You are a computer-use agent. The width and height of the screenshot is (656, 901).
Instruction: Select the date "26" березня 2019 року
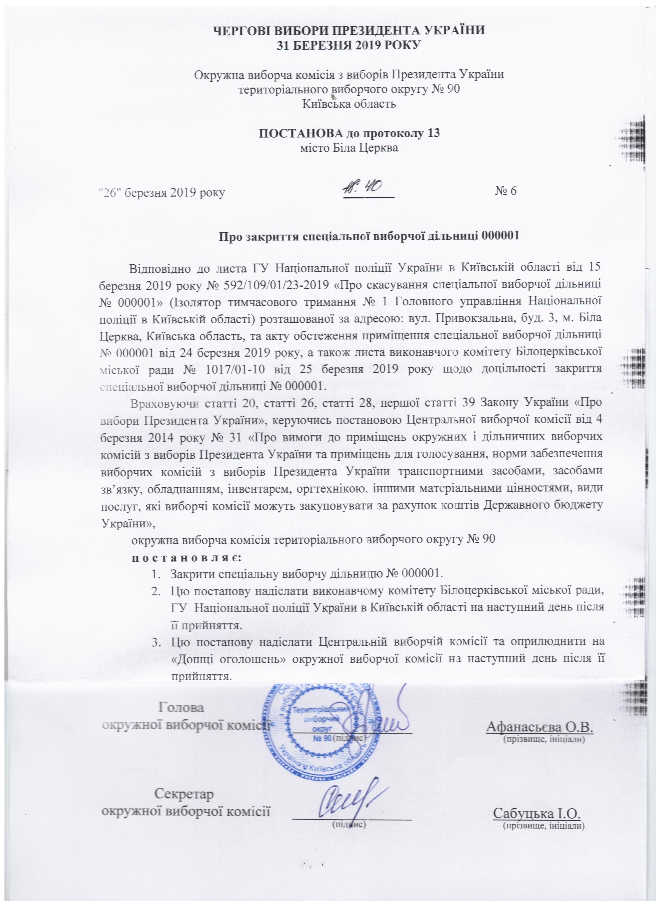(x=162, y=193)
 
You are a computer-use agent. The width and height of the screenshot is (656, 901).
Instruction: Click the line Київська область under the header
(x=349, y=104)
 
